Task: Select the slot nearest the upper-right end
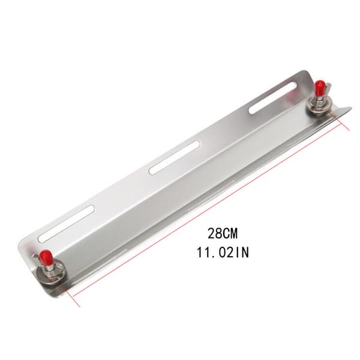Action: [x=272, y=98]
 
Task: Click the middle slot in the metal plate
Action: [x=174, y=158]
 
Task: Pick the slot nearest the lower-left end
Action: [x=67, y=224]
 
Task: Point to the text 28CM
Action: [x=223, y=234]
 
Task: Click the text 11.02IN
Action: [x=223, y=253]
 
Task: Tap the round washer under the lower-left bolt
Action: [x=51, y=274]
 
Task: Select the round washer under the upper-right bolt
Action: [x=320, y=105]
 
